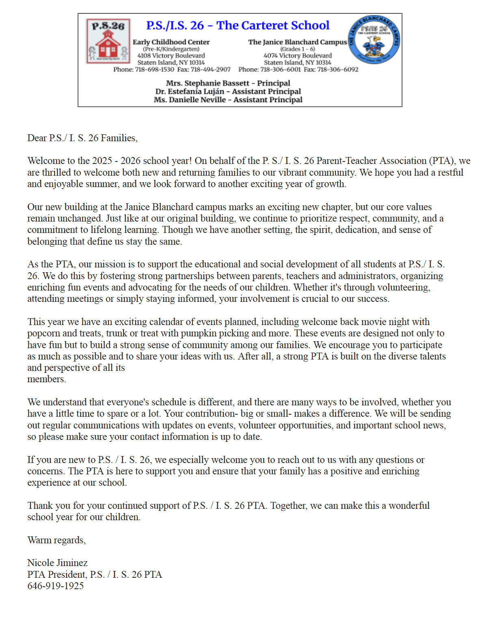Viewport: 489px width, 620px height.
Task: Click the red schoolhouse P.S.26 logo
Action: (x=108, y=41)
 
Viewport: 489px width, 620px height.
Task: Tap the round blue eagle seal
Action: (x=374, y=40)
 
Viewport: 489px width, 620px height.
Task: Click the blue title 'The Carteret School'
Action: (x=273, y=25)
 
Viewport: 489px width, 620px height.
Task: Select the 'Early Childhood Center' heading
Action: (x=171, y=42)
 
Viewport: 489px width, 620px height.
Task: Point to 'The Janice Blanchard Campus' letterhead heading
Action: (x=298, y=42)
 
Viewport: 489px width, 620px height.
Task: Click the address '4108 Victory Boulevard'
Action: (x=171, y=56)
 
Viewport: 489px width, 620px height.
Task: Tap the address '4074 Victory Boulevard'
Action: (x=298, y=56)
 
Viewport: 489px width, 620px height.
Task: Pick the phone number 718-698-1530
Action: (x=155, y=69)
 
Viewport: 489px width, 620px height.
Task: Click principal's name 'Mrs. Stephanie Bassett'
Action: (x=207, y=83)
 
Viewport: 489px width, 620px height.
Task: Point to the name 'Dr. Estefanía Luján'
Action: (x=190, y=91)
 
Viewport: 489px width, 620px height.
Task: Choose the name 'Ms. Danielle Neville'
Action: (x=190, y=100)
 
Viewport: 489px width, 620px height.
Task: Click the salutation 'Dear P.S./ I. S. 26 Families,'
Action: (x=82, y=138)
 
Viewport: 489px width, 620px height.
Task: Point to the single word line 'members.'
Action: (x=47, y=379)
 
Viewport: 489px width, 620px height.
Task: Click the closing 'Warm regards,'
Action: (x=56, y=540)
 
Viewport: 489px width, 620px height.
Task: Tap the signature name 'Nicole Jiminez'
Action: (x=58, y=563)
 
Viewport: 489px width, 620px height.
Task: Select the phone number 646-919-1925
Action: (x=56, y=586)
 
